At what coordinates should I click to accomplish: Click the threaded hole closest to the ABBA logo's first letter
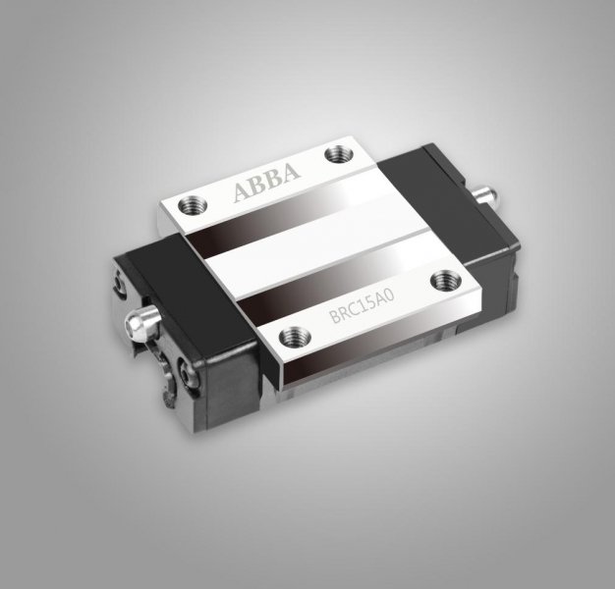[x=193, y=204]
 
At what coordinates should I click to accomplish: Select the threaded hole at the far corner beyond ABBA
[x=339, y=153]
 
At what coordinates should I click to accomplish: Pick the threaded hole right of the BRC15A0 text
[x=447, y=280]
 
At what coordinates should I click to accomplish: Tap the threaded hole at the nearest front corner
[x=294, y=337]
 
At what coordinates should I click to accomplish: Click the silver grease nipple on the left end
[x=142, y=323]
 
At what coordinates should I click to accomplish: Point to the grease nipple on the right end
[x=484, y=194]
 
